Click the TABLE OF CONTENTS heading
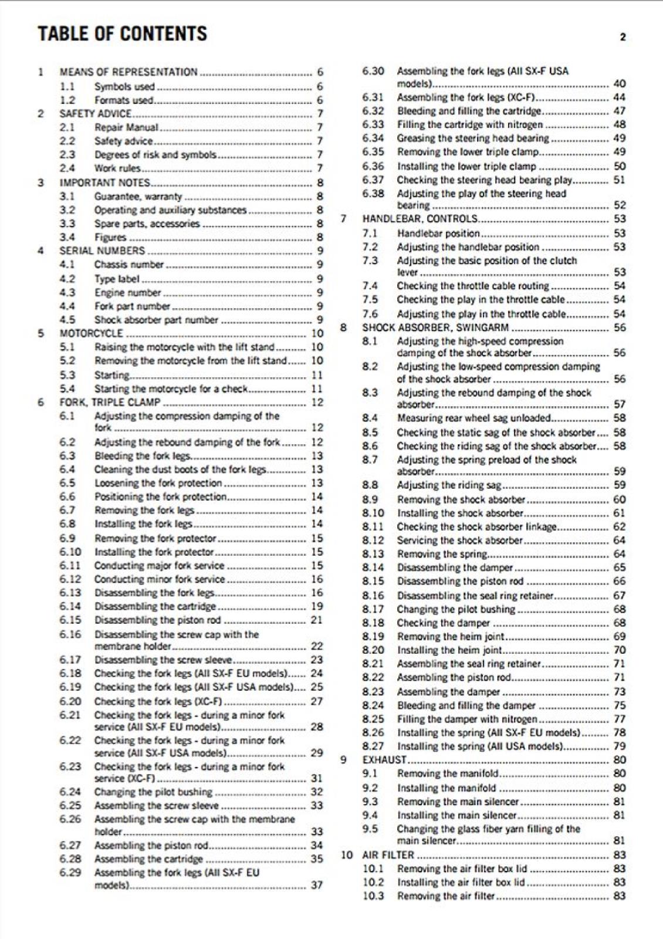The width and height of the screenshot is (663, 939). [x=122, y=33]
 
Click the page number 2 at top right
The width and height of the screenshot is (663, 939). [x=623, y=37]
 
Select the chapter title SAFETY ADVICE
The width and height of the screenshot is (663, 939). [x=96, y=114]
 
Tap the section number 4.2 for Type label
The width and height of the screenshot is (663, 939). [x=67, y=279]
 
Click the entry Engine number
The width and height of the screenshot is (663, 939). [x=127, y=292]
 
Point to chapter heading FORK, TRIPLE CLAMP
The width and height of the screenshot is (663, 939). [x=110, y=403]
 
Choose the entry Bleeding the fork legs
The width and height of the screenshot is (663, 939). [x=143, y=456]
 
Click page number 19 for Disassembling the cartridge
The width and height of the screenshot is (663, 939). [x=317, y=606]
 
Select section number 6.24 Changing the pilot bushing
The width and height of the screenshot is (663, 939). [x=70, y=792]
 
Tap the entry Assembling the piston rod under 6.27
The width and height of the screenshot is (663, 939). [x=151, y=846]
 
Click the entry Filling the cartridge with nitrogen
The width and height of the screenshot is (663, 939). [x=470, y=124]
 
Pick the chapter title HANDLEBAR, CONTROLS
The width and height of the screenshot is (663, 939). [x=420, y=219]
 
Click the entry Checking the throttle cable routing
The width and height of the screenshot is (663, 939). [x=473, y=286]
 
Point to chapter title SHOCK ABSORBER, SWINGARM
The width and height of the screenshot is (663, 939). [x=435, y=327]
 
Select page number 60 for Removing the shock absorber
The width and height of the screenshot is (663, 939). [x=620, y=499]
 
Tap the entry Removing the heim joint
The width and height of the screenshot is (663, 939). [x=451, y=637]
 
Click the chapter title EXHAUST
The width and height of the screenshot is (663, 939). [x=384, y=760]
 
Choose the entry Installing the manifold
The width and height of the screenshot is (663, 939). [x=446, y=788]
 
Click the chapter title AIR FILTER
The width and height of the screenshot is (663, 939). [x=388, y=855]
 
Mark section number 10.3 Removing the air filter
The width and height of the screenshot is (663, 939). [x=373, y=896]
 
